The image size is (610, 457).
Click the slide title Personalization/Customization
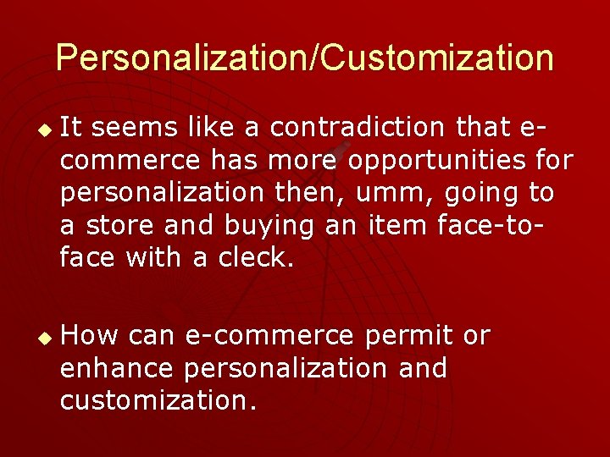click(305, 58)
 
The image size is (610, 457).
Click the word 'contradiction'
click(358, 128)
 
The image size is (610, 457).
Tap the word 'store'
click(118, 225)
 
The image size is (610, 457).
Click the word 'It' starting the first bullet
click(71, 128)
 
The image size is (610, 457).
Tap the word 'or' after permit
click(476, 336)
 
